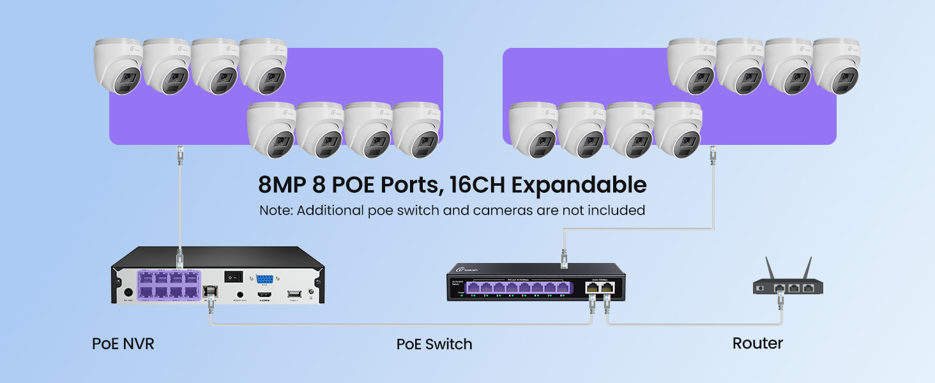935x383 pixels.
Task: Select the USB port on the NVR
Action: (x=294, y=294)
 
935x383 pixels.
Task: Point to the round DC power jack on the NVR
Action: (x=127, y=292)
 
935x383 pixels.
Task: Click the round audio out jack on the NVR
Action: (x=240, y=294)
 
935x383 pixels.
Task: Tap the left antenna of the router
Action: (x=770, y=267)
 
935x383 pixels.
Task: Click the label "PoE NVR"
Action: (x=123, y=344)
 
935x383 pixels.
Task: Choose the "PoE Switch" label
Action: (x=434, y=344)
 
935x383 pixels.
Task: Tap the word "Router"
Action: (x=757, y=343)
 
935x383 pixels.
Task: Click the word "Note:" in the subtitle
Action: (x=276, y=210)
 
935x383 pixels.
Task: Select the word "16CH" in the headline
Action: (x=476, y=185)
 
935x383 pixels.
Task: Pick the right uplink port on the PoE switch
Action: (x=606, y=288)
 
